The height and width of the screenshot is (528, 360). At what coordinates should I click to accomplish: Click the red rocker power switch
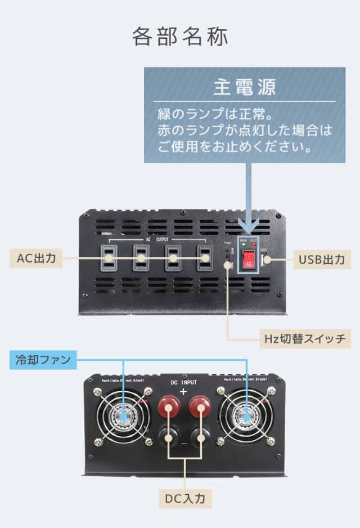coord(248,259)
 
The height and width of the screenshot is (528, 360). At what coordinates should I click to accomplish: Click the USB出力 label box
coord(321,259)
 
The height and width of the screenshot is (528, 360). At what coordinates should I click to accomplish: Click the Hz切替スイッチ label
coord(304,339)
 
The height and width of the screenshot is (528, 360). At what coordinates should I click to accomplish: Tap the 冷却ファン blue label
coord(43,360)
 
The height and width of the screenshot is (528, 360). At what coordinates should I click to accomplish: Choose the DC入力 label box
coord(185,498)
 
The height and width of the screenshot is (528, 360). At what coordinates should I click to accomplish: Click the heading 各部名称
coord(180,37)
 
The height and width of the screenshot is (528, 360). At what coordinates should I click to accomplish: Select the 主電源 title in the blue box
coord(245,87)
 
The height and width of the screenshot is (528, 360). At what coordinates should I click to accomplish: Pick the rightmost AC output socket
coord(205,258)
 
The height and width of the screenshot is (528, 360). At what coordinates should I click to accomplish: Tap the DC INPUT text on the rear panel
coord(184,383)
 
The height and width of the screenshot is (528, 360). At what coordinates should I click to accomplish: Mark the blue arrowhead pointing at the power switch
coord(248,228)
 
